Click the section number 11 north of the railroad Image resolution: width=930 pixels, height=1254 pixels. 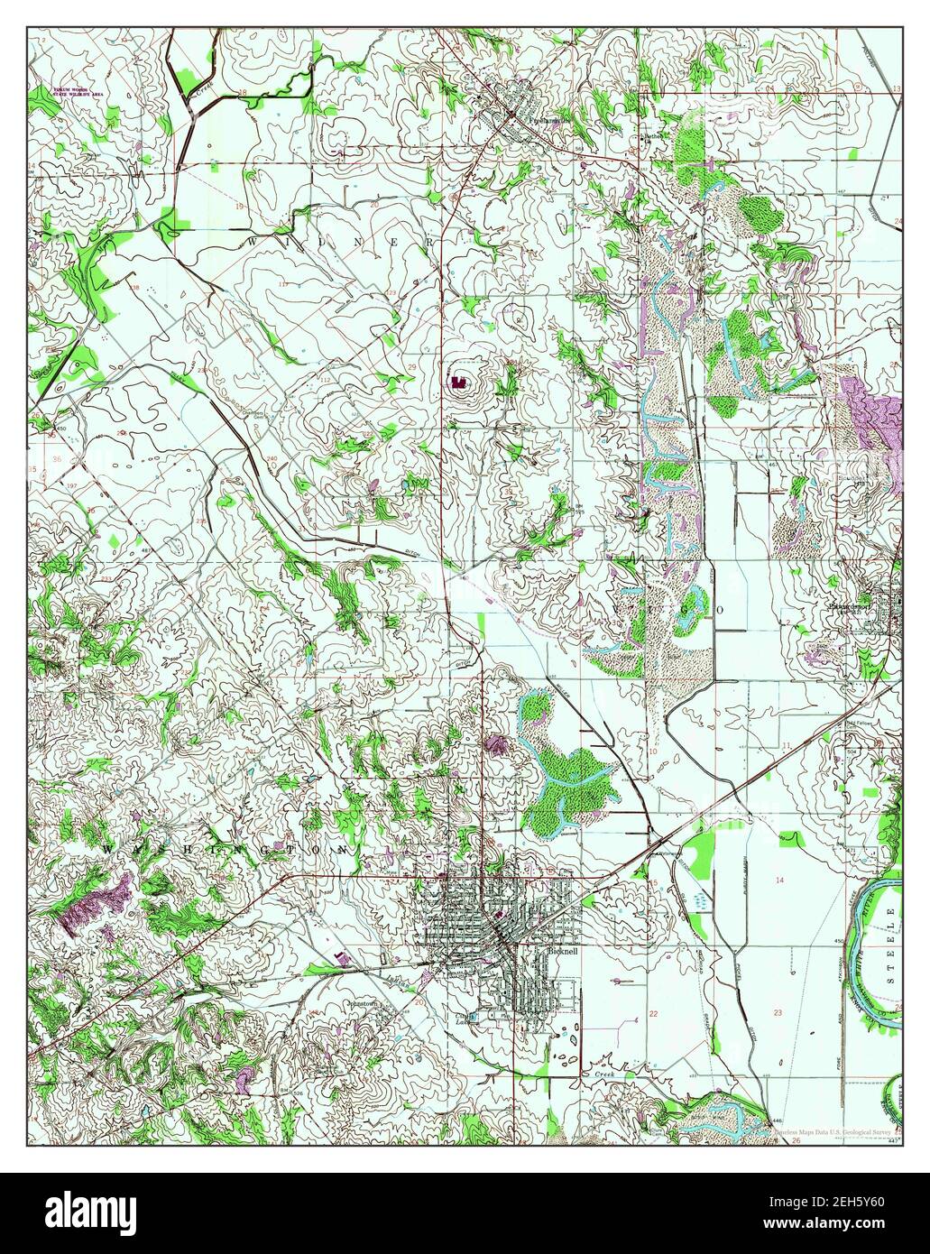point(787,745)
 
